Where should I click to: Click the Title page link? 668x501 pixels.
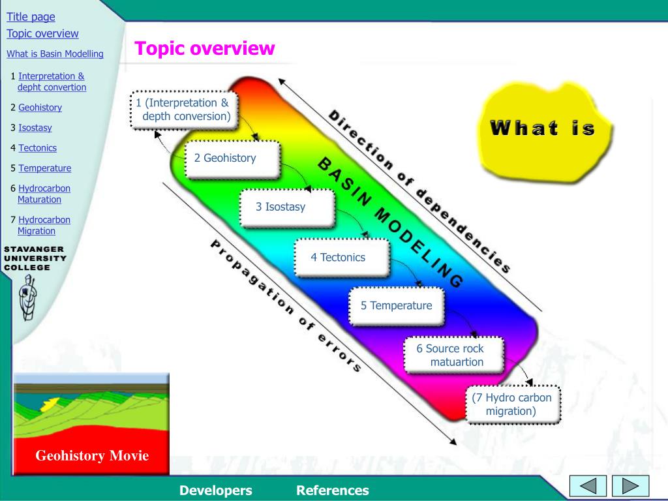(31, 17)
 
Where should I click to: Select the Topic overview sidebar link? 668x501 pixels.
(42, 33)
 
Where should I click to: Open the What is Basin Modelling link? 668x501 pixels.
(55, 53)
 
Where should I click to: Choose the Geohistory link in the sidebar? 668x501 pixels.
(40, 108)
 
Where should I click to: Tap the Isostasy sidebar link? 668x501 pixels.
(35, 128)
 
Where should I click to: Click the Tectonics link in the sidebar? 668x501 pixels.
(37, 148)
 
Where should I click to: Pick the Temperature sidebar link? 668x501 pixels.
(44, 168)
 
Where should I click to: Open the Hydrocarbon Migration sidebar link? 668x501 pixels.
(43, 225)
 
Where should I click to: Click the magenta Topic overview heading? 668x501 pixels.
(205, 48)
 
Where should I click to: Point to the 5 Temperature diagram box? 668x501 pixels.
(397, 305)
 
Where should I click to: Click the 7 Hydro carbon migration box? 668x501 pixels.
(512, 404)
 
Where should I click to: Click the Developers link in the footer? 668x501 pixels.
(216, 491)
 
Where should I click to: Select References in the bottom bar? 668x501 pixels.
(332, 491)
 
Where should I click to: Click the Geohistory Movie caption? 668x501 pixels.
(92, 455)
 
